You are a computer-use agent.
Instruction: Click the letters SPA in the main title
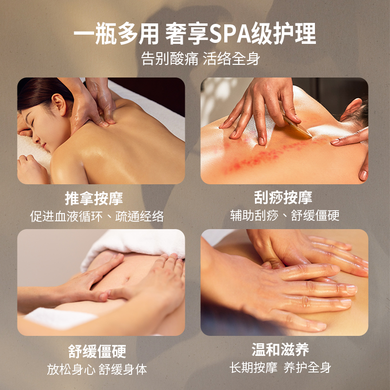tap(229, 34)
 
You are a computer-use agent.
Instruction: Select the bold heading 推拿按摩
tap(94, 198)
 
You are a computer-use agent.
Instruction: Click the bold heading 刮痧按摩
tap(283, 197)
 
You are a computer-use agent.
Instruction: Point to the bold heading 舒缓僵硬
tap(97, 351)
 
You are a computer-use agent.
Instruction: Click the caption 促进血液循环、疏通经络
tap(97, 216)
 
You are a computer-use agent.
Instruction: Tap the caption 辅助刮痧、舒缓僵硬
tap(285, 215)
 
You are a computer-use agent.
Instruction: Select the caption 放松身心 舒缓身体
tap(97, 369)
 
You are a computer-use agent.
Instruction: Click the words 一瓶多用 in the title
tap(116, 34)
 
